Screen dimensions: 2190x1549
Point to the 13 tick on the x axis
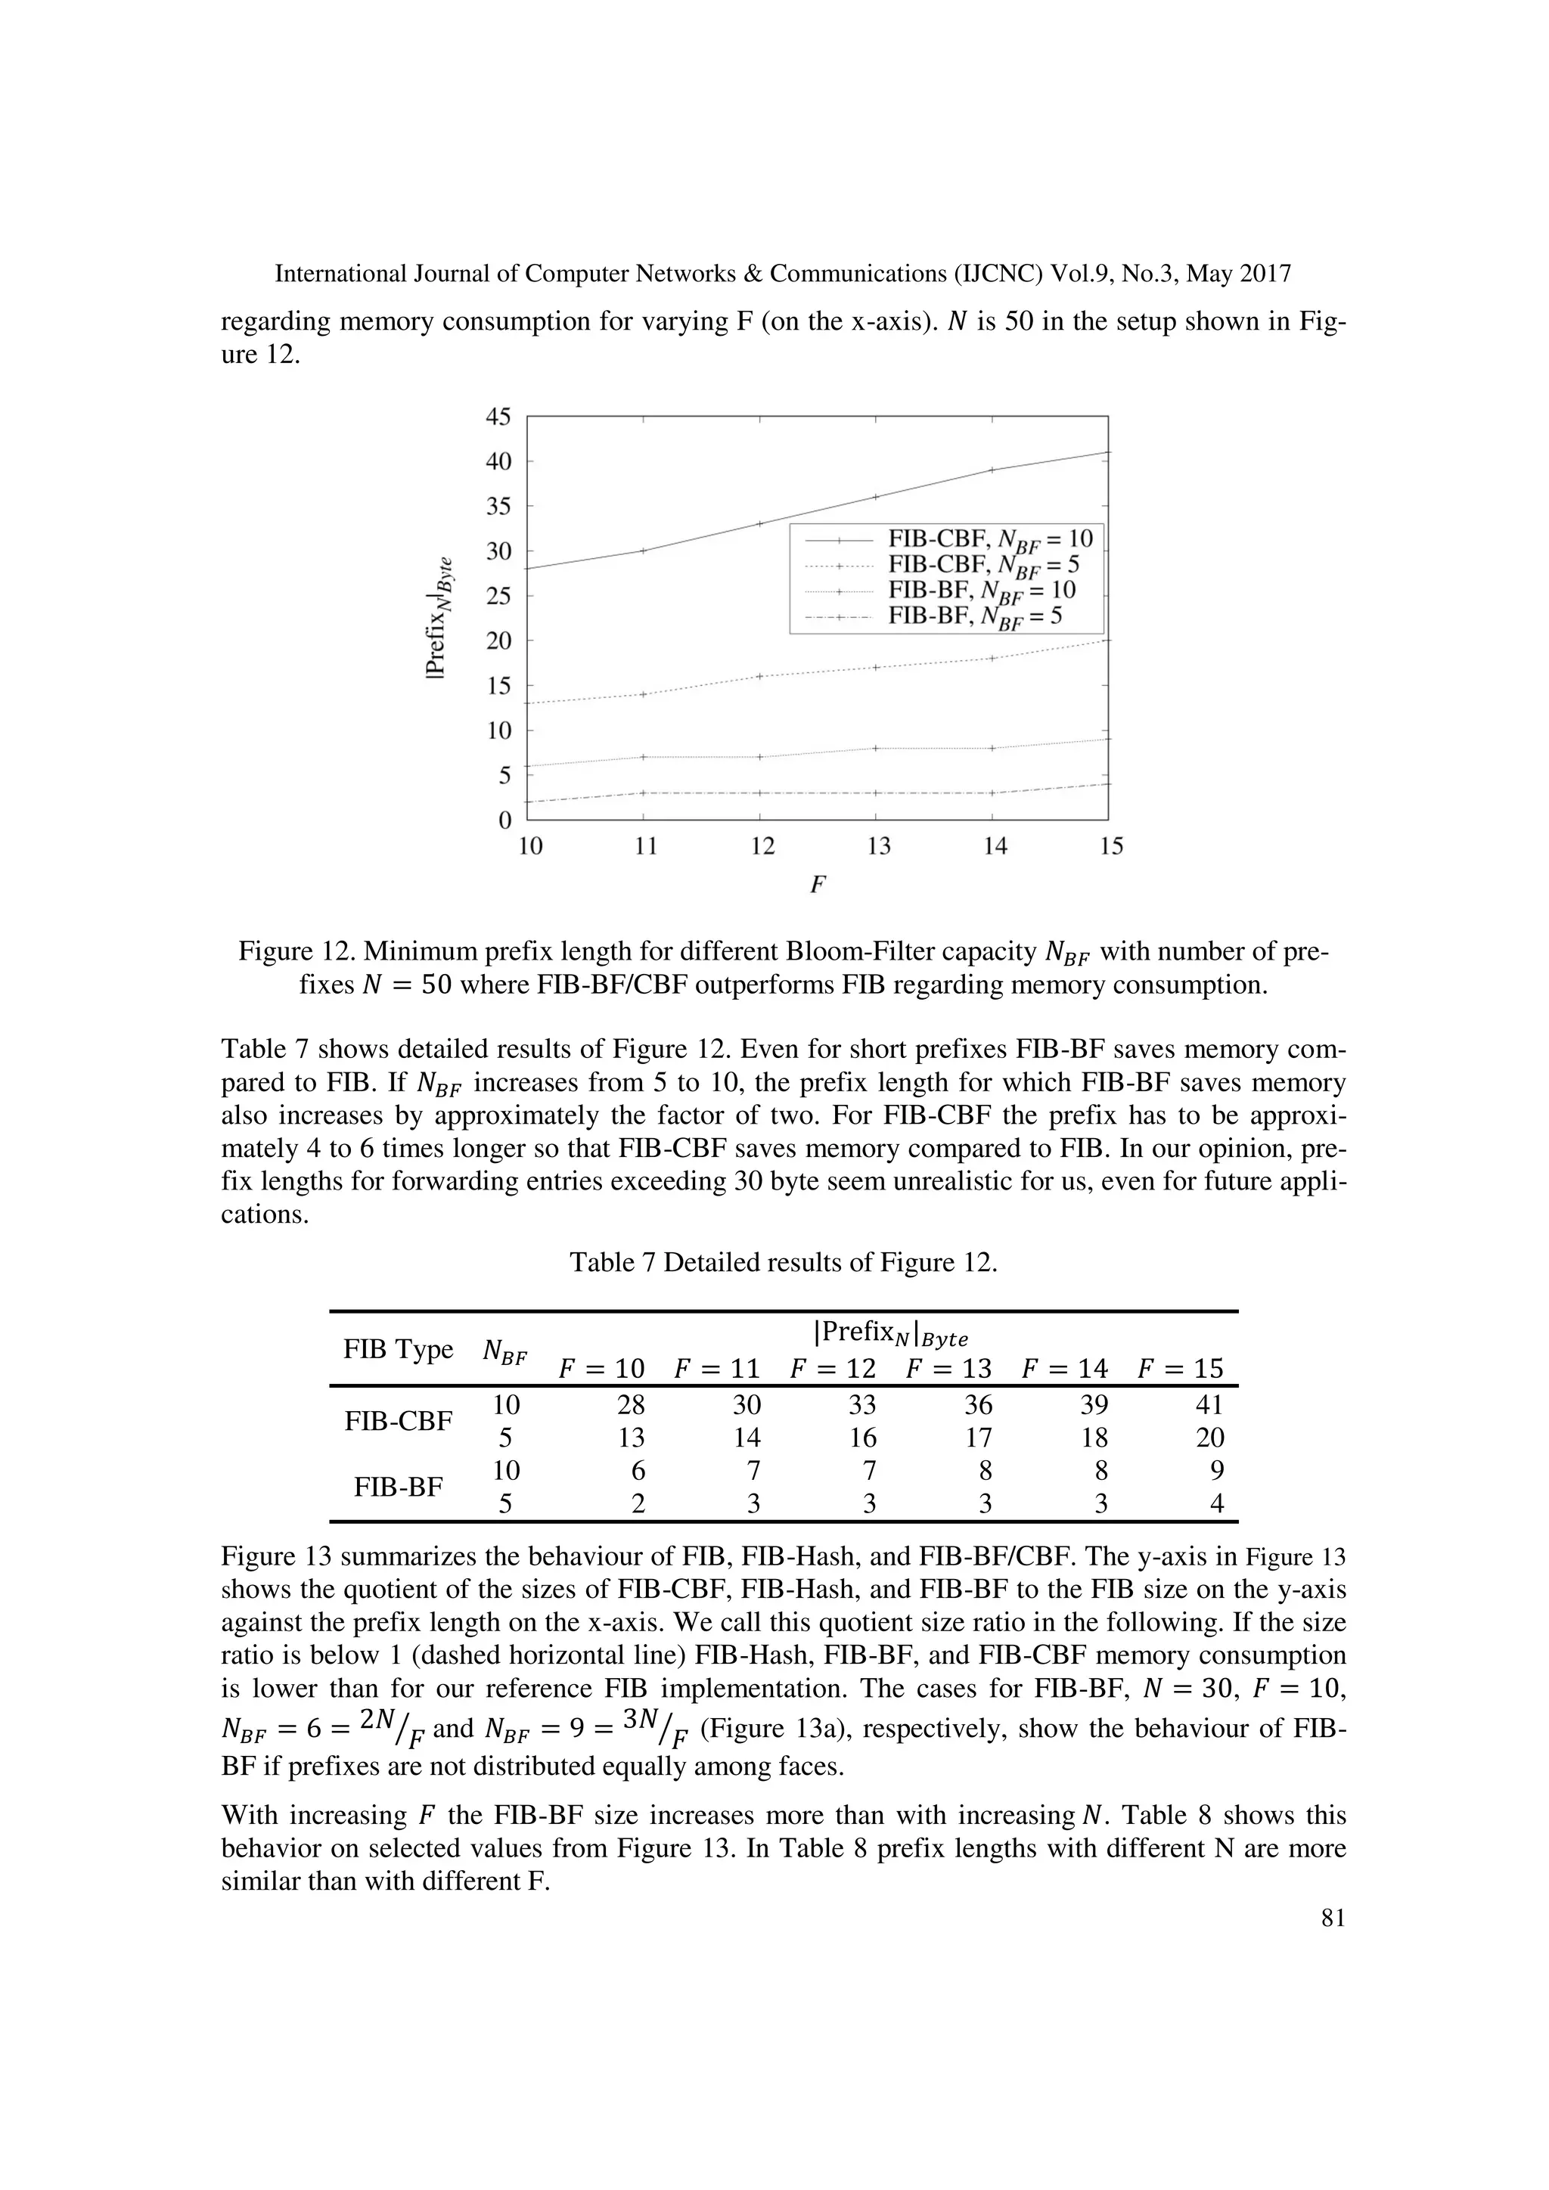[878, 846]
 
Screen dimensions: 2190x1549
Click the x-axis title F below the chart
[816, 886]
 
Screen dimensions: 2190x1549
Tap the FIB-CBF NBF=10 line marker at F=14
[992, 470]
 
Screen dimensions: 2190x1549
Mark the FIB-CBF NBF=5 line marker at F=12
[760, 676]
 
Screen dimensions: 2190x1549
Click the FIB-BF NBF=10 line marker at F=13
[877, 748]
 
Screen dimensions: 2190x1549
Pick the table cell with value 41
[1209, 1405]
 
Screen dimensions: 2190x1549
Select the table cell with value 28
[631, 1405]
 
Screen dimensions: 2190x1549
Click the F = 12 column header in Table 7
[833, 1369]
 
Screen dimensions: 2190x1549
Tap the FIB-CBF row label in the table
[398, 1421]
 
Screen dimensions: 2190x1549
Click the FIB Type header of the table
[398, 1350]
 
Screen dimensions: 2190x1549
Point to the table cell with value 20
[1209, 1438]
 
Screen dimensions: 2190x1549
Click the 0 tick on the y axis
[505, 820]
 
